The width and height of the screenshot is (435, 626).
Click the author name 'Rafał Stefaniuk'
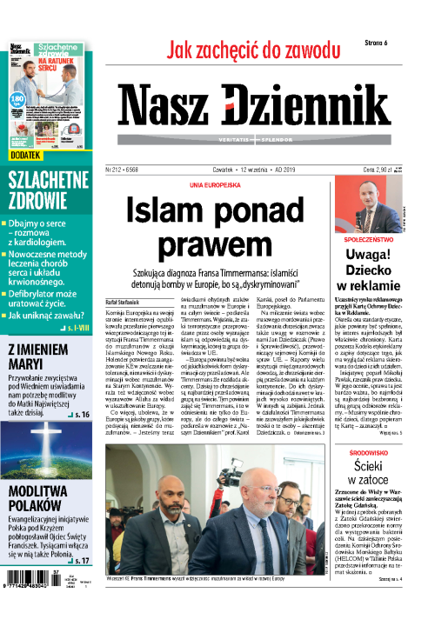[x=126, y=301]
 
